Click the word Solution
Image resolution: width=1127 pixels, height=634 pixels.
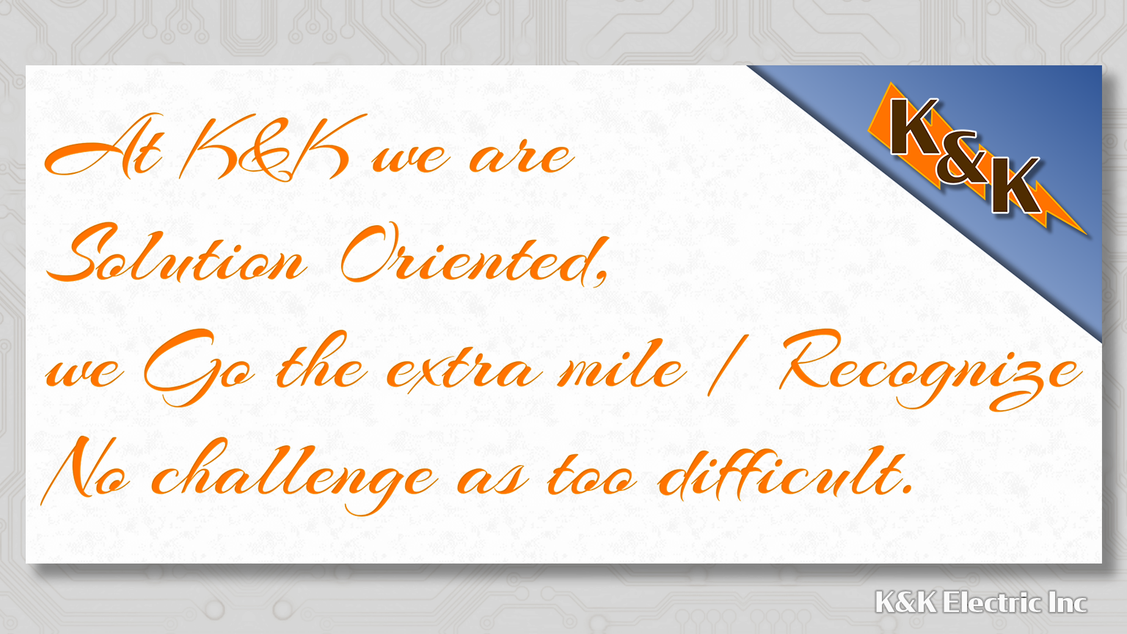[176, 254]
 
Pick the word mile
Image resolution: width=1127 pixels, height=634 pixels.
[621, 365]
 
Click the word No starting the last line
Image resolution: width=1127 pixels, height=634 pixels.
[86, 470]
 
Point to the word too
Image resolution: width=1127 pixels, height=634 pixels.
[592, 475]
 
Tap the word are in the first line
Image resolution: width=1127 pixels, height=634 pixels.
[522, 157]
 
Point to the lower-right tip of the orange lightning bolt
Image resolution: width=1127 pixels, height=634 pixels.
[1086, 234]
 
